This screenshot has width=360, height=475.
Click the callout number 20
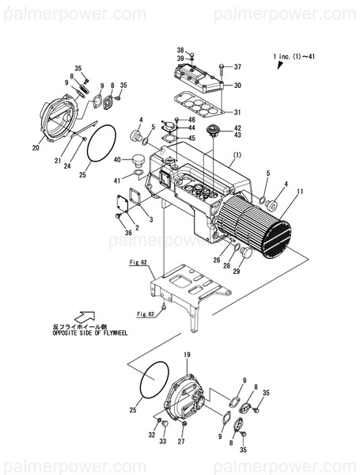coord(36,147)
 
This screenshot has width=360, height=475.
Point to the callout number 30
coord(238,85)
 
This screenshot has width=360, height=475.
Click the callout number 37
coord(237,66)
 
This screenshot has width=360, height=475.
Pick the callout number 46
coord(191,120)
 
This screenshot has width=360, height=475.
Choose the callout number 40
coord(116,160)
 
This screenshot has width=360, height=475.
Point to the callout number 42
coord(237,128)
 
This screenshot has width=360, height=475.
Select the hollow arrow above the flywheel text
coord(85,317)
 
